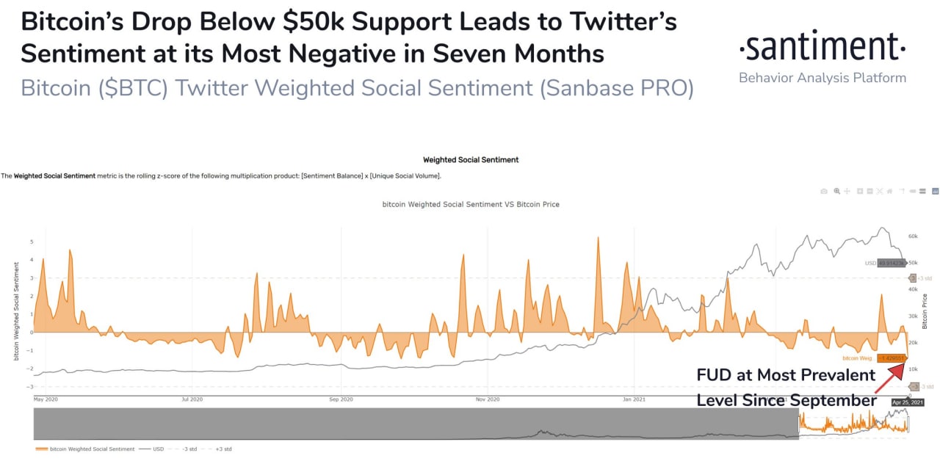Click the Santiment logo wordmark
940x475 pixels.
[822, 48]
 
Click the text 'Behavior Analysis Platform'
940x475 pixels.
[822, 78]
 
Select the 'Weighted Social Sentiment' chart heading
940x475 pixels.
[471, 159]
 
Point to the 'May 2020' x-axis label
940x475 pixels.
[46, 399]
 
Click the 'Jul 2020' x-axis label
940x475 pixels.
[192, 399]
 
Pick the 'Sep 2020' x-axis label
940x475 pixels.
[341, 399]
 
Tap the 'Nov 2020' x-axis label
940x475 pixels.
[488, 399]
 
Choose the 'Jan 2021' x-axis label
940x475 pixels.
[634, 399]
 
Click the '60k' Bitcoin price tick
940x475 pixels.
[914, 236]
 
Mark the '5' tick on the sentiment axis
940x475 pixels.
[31, 242]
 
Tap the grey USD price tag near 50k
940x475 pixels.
[886, 263]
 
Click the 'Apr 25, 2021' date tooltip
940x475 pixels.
[907, 402]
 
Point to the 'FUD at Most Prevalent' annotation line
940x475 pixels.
[786, 375]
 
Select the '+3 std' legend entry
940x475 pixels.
[223, 449]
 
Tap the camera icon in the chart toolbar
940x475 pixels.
[825, 191]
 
